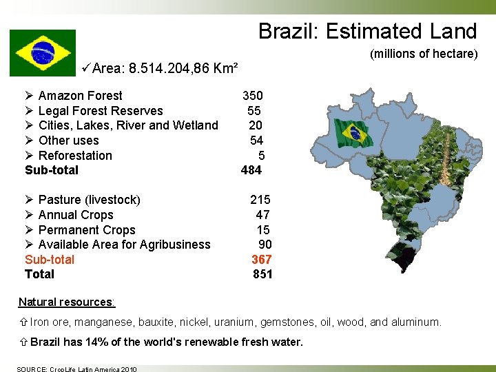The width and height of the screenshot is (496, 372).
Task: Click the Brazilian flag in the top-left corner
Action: pyautogui.click(x=43, y=52)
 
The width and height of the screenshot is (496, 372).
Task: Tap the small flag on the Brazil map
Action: pyautogui.click(x=352, y=131)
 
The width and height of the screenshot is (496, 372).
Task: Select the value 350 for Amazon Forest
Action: pyautogui.click(x=252, y=96)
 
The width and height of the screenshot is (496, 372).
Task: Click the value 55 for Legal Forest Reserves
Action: pyautogui.click(x=254, y=111)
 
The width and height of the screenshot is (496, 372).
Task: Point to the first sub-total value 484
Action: pyautogui.click(x=251, y=170)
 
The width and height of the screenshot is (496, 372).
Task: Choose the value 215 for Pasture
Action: pyautogui.click(x=260, y=200)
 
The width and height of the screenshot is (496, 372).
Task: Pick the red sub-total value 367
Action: pyautogui.click(x=262, y=260)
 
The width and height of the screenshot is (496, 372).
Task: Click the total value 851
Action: pyautogui.click(x=262, y=274)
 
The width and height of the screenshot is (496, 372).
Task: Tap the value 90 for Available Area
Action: pyautogui.click(x=265, y=245)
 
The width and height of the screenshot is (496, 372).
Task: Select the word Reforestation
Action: pyautogui.click(x=75, y=156)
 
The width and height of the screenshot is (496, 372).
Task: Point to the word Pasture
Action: pyautogui.click(x=59, y=200)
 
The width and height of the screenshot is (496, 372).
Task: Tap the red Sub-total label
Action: pyautogui.click(x=50, y=260)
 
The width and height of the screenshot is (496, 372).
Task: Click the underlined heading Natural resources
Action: pyautogui.click(x=67, y=302)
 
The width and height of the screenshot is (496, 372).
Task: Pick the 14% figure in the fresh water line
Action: pyautogui.click(x=94, y=342)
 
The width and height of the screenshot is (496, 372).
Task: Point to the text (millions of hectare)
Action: pyautogui.click(x=424, y=54)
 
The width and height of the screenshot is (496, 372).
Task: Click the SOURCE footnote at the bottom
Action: pyautogui.click(x=77, y=369)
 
